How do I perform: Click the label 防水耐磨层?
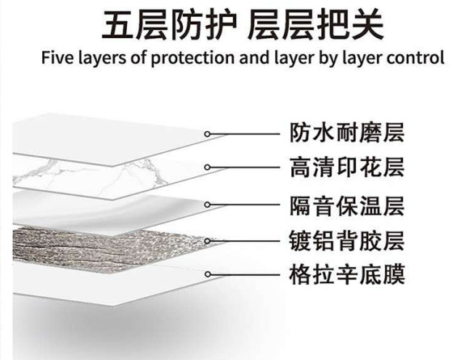point(347,133)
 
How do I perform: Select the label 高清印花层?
point(347,167)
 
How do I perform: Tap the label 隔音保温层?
point(347,205)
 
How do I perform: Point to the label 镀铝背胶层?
point(347,241)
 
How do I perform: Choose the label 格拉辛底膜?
point(347,274)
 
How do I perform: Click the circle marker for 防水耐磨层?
point(207,134)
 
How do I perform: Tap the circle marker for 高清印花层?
point(207,167)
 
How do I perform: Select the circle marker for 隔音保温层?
point(207,205)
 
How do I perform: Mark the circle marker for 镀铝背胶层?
point(207,241)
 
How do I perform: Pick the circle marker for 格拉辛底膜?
point(207,274)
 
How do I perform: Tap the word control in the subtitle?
point(416,57)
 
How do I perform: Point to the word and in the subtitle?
point(254,57)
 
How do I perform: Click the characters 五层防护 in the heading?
point(169,25)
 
